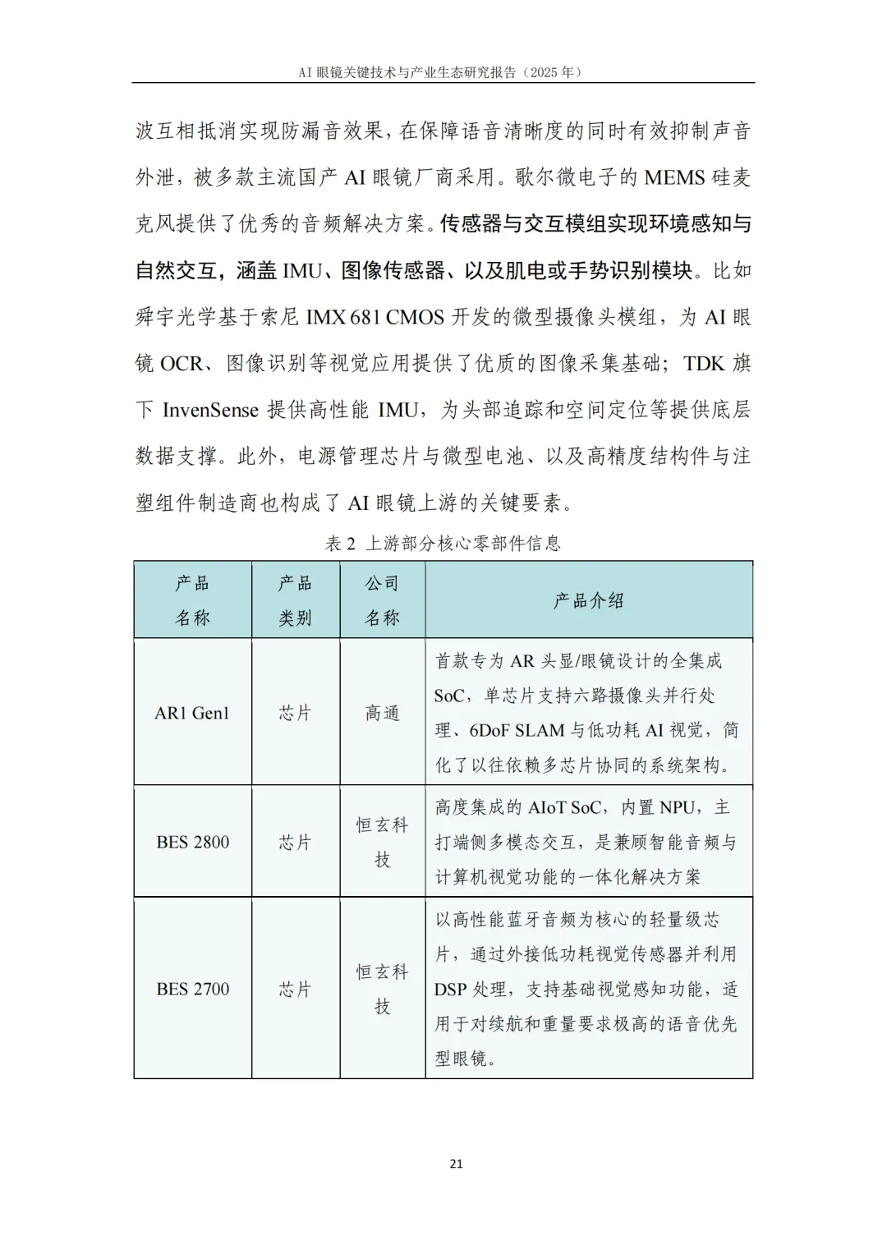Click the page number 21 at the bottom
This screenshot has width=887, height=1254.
[x=457, y=1164]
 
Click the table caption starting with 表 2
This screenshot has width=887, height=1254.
[x=443, y=544]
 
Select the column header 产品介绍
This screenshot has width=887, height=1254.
[x=588, y=600]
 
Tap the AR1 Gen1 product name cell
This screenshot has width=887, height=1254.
[x=192, y=713]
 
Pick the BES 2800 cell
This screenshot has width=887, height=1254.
[x=192, y=842]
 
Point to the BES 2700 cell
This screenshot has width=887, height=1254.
[x=192, y=989]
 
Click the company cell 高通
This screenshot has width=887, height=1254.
[x=382, y=713]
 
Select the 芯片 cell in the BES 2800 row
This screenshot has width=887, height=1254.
[x=295, y=842]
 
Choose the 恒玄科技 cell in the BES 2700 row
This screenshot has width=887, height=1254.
[x=382, y=989]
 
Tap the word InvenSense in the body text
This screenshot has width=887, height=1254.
[x=210, y=410]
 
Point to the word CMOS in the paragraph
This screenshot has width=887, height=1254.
[x=416, y=317]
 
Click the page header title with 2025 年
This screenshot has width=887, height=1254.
[x=443, y=72]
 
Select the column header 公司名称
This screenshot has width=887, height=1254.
[x=382, y=600]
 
